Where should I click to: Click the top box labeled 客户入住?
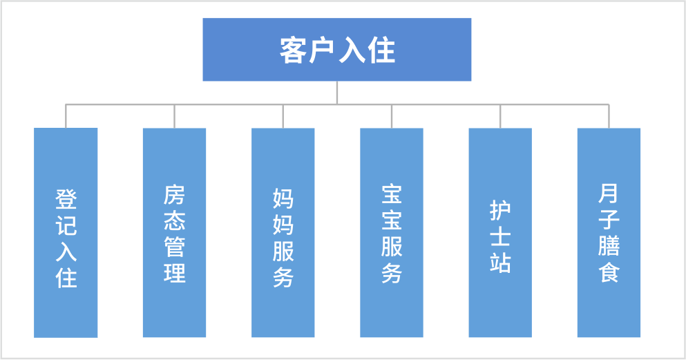pos(336,50)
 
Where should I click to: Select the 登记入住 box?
pos(66,232)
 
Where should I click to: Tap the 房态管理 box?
pos(174,232)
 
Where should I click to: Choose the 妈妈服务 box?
pos(283,232)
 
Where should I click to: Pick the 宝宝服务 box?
pos(391,232)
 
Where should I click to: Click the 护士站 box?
pos(500,232)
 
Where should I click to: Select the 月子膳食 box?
pos(609,232)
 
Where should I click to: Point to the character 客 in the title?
pos(293,50)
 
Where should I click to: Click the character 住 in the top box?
pos(381,50)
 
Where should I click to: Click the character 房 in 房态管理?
pos(175,195)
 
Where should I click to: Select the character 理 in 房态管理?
pos(175,272)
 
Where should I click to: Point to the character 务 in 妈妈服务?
pos(283,276)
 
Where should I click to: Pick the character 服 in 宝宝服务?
pos(392,247)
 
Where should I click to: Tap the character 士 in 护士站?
pos(500,236)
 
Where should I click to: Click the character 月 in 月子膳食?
pos(609,194)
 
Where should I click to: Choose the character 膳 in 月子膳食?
pos(609,246)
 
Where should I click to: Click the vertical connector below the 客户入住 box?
pos(337,93)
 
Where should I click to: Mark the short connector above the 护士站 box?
pos(500,116)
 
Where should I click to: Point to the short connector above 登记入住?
pos(66,116)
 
